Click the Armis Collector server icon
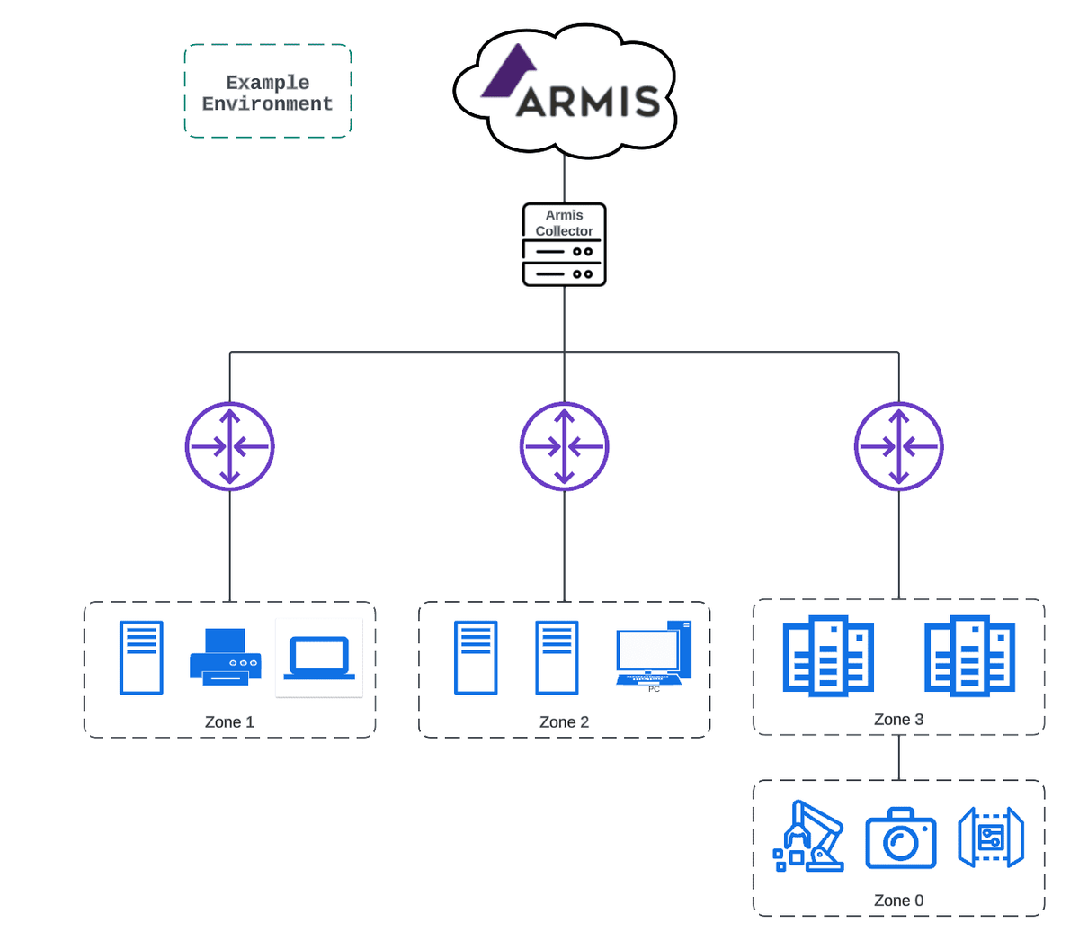point(564,246)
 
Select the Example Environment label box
point(267,92)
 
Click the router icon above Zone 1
point(230,446)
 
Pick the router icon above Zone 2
point(565,446)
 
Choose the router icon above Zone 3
point(898,446)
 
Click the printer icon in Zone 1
point(225,658)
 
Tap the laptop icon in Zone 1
point(319,659)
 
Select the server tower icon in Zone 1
point(141,658)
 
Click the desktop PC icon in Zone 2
point(654,655)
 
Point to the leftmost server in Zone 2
point(476,658)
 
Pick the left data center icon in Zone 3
point(828,656)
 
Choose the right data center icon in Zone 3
point(969,656)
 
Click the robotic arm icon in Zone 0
point(809,837)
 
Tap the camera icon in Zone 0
point(900,838)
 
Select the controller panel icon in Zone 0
point(990,837)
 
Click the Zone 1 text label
point(229,722)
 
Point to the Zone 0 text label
point(898,901)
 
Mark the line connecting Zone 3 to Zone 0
point(899,757)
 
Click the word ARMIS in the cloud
point(588,102)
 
